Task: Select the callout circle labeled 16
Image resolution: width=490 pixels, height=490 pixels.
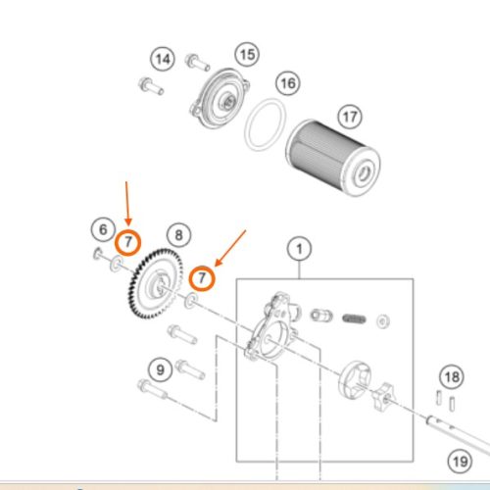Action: point(286,83)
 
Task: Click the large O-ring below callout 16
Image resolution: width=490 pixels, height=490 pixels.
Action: point(264,127)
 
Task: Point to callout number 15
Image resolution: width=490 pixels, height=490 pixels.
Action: point(247,53)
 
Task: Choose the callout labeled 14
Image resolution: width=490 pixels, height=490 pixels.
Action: point(163,60)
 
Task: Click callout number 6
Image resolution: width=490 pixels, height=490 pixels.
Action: point(102,230)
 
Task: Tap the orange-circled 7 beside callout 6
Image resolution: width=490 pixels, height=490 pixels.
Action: point(128,242)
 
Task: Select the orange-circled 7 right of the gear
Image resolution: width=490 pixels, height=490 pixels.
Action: point(202,278)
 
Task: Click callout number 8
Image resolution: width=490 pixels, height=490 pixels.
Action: point(177,235)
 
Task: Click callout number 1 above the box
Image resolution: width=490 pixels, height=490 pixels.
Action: point(298,249)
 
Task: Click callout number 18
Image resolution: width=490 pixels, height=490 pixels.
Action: point(450,376)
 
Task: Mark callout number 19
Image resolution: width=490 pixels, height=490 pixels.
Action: point(460,459)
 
